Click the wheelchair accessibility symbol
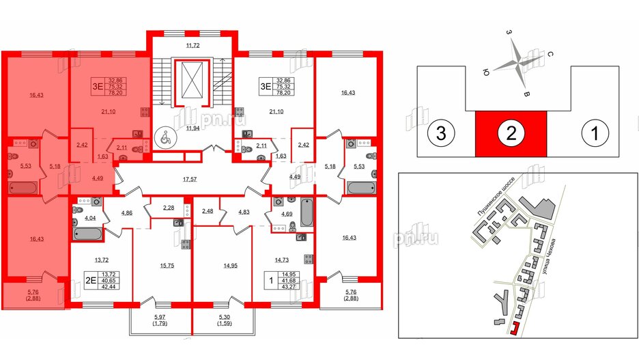163,136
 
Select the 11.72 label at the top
193,45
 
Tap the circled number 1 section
595,135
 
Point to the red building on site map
513,330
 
